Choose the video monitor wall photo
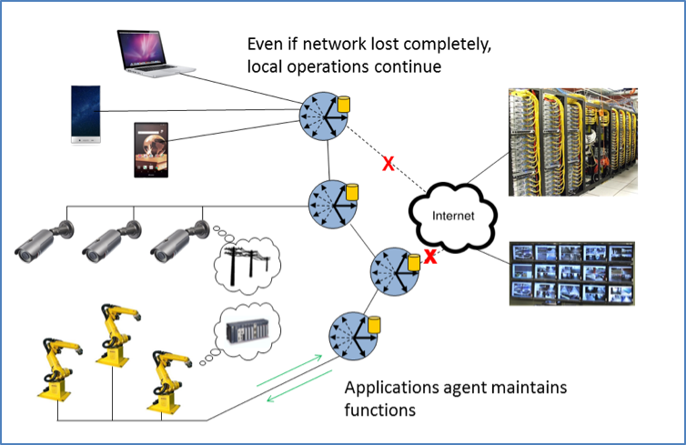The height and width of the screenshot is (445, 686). pos(572,270)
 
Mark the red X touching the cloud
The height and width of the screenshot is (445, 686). pos(430,257)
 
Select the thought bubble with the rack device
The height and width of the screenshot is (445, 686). pos(247,330)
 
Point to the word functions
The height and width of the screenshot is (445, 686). pos(379,410)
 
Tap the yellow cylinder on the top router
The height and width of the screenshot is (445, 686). pos(344,105)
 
